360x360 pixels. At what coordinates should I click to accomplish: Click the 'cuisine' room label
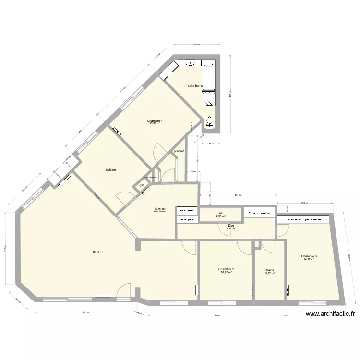(111, 169)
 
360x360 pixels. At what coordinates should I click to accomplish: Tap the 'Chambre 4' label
(155, 120)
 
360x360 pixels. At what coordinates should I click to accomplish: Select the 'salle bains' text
(196, 86)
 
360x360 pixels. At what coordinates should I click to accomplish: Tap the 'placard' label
(179, 151)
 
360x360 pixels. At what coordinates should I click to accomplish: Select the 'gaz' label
(142, 185)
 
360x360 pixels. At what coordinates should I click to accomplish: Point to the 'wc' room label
(220, 213)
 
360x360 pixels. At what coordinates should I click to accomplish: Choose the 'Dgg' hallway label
(231, 225)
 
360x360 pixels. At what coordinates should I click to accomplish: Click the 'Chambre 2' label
(226, 269)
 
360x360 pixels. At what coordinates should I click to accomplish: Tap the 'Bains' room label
(270, 270)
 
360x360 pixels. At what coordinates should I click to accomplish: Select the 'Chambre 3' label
(309, 256)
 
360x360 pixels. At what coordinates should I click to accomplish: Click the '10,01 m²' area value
(160, 208)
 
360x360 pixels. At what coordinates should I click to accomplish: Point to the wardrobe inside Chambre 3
(303, 219)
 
